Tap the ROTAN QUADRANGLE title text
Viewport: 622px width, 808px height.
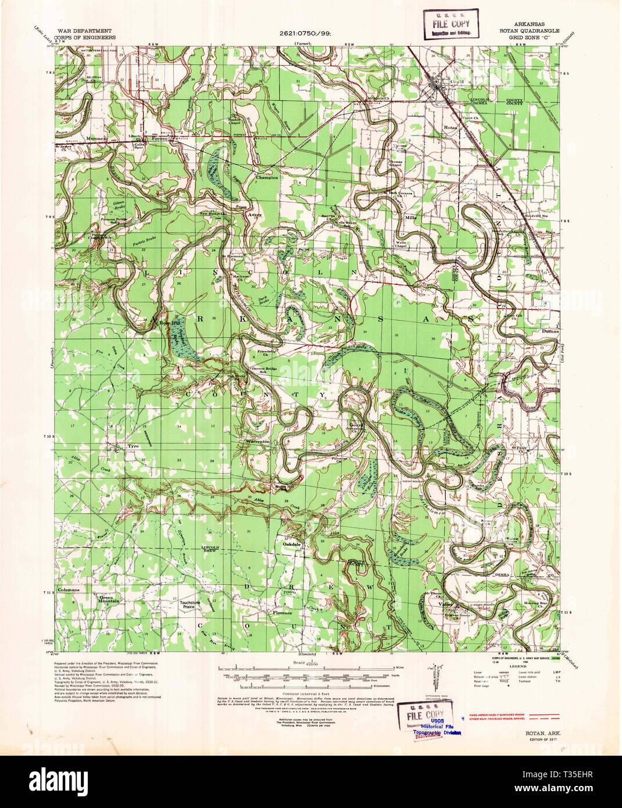click(x=528, y=31)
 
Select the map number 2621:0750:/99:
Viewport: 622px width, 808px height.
click(x=305, y=33)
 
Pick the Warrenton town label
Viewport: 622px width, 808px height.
click(x=258, y=442)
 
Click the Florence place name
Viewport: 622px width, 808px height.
click(x=283, y=613)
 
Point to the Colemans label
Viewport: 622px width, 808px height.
click(x=68, y=589)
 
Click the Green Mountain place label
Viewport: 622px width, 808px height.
click(x=109, y=600)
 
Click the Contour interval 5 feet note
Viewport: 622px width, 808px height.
click(x=299, y=678)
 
